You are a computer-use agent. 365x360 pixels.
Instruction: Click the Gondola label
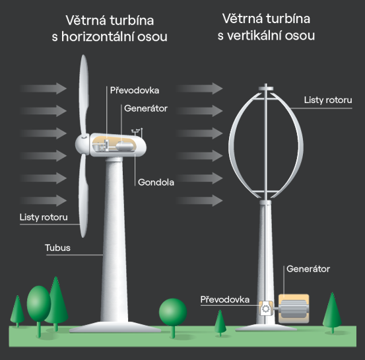[156, 182]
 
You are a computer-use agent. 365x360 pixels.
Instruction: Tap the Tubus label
[57, 248]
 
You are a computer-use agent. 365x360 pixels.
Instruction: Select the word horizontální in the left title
[98, 37]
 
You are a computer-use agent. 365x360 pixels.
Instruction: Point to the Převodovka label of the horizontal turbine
[135, 90]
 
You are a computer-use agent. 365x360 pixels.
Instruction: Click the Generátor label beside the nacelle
[146, 108]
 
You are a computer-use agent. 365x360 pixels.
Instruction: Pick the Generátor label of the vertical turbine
[308, 269]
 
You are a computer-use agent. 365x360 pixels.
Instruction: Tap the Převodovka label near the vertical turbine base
[225, 299]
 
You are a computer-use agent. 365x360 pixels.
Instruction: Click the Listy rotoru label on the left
[44, 217]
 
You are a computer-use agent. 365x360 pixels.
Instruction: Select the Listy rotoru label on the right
[328, 100]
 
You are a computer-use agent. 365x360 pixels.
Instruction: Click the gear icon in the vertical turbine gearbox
[265, 309]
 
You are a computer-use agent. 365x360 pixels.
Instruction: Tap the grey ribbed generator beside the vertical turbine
[294, 308]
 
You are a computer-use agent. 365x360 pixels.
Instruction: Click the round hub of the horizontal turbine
[82, 145]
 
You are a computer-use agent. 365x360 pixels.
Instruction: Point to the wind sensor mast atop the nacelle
[137, 132]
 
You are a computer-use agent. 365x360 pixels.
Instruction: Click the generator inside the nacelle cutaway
[125, 146]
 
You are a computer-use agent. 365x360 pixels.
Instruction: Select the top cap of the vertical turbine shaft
[265, 89]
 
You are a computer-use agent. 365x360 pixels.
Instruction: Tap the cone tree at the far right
[333, 312]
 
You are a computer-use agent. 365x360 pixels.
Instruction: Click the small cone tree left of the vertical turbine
[220, 322]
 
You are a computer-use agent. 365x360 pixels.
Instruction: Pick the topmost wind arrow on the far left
[43, 89]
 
